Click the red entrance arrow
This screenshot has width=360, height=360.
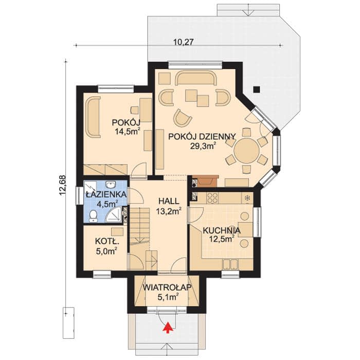pyautogui.click(x=168, y=328)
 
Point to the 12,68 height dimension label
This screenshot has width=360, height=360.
pyautogui.click(x=63, y=186)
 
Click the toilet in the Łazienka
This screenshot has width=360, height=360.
pyautogui.click(x=93, y=216)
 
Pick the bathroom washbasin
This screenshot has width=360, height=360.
pyautogui.click(x=112, y=184)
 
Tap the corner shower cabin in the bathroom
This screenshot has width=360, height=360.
pyautogui.click(x=114, y=214)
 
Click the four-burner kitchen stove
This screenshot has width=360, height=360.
pyautogui.click(x=212, y=198)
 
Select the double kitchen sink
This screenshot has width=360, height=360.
pyautogui.click(x=230, y=264)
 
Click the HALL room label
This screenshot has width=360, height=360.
pyautogui.click(x=169, y=201)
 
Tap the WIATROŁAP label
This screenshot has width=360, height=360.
pyautogui.click(x=167, y=287)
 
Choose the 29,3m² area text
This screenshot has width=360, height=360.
pyautogui.click(x=203, y=146)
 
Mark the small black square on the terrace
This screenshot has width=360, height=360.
pyautogui.click(x=257, y=89)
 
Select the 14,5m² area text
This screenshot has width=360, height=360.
pyautogui.click(x=128, y=131)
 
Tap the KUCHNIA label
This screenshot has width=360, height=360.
pyautogui.click(x=222, y=230)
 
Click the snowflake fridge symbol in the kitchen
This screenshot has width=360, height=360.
pyautogui.click(x=247, y=198)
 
